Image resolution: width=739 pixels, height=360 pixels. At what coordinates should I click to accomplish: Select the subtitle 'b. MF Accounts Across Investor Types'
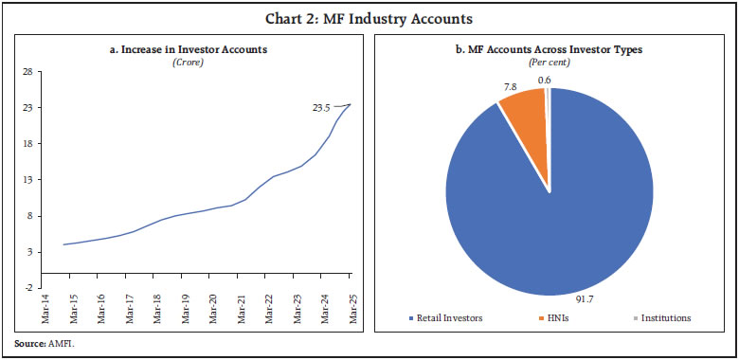(549, 49)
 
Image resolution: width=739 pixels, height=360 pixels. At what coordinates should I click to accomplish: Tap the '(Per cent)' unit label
(549, 63)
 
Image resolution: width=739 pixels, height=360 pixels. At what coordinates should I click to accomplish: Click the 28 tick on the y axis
(28, 72)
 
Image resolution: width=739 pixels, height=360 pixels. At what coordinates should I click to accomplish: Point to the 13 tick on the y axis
(28, 180)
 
